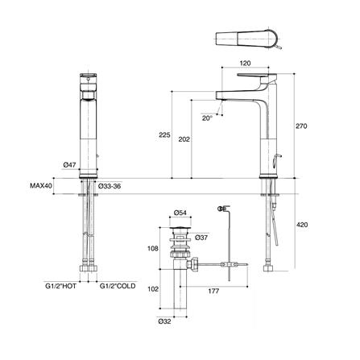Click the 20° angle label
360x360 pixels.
click(x=206, y=118)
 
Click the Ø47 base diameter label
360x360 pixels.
click(x=70, y=164)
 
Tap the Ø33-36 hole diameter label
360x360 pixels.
click(x=111, y=187)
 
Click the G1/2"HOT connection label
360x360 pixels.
click(x=62, y=284)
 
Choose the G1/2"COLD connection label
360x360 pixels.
click(x=116, y=284)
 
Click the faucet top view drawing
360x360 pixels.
click(x=248, y=40)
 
